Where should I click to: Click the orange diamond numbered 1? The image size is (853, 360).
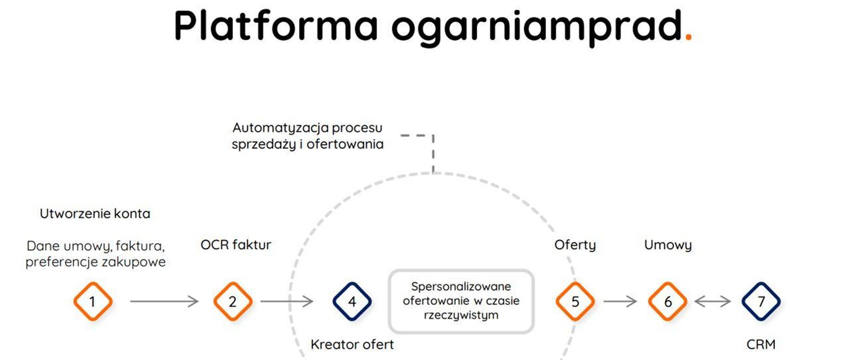[x=93, y=301]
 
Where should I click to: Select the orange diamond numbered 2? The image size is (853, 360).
[x=233, y=301]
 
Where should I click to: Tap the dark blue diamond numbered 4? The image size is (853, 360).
[x=352, y=301]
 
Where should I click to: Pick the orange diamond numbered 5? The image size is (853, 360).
[x=575, y=301]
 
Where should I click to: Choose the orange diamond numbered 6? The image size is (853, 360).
[x=667, y=301]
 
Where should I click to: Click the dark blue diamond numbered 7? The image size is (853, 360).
[x=761, y=301]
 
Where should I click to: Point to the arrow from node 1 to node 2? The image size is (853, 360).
[x=164, y=301]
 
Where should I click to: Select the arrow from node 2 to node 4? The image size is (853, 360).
[x=287, y=301]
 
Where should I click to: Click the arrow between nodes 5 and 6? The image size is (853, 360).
[x=620, y=301]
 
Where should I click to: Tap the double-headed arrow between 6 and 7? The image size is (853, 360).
[x=713, y=301]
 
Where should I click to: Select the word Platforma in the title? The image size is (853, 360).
[x=275, y=26]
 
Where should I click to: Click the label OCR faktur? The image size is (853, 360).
[x=235, y=245]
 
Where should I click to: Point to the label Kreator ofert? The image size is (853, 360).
[x=352, y=344]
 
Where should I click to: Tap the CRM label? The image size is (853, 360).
[x=761, y=344]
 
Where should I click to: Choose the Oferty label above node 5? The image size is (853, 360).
[x=575, y=245]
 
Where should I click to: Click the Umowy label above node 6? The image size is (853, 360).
[x=668, y=245]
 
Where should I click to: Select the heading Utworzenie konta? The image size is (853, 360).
[x=95, y=214]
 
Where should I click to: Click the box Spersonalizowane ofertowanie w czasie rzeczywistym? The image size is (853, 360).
[x=461, y=301]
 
